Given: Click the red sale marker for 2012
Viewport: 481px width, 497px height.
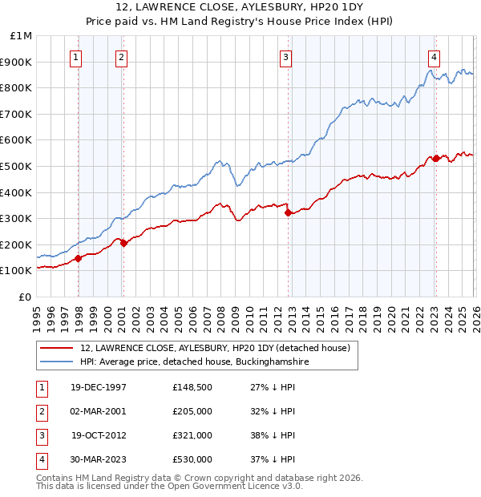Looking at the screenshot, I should coord(288,212).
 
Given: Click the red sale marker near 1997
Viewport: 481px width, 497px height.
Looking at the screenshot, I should coord(79,258).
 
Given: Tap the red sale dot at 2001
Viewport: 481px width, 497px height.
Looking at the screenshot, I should coord(123,244).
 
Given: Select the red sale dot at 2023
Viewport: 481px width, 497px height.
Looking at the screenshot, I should coord(435,159).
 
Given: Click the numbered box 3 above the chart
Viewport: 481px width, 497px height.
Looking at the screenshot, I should coord(285,57).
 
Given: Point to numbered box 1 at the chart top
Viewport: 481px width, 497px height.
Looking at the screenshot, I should coord(76,57).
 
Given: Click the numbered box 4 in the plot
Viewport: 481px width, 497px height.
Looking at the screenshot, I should coord(433,57).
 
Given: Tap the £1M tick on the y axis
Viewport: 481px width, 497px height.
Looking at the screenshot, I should coord(22,36).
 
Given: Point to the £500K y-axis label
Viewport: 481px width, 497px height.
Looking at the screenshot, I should coord(18,166).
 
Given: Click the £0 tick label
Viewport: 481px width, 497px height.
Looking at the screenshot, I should coord(26,297).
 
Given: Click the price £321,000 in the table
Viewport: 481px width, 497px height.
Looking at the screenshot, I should coord(192,437).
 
